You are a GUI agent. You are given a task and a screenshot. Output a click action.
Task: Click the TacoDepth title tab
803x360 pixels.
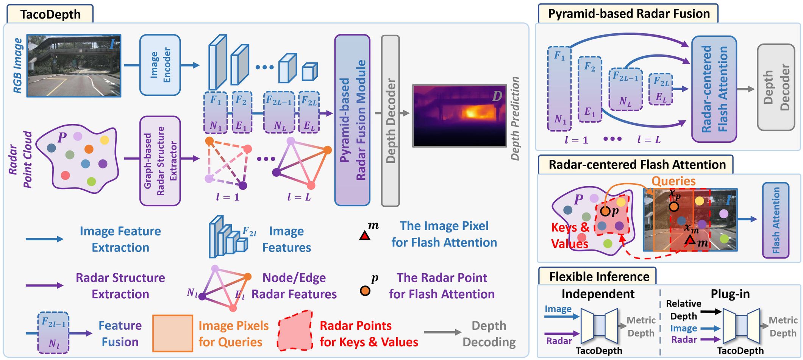tap(50, 14)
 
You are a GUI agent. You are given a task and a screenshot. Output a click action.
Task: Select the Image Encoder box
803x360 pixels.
tap(160, 65)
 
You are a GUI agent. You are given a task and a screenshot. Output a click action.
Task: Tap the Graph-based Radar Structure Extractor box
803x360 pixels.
tap(160, 161)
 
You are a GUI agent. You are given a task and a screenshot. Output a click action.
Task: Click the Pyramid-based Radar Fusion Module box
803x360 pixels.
tap(352, 120)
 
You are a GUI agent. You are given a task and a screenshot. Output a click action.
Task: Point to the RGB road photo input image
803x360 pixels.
tap(74, 66)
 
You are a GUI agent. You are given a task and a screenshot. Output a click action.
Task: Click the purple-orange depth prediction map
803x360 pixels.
tap(459, 115)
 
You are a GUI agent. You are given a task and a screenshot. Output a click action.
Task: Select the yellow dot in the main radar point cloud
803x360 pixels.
tap(105, 140)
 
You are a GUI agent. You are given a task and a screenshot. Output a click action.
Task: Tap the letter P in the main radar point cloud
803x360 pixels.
tap(62, 137)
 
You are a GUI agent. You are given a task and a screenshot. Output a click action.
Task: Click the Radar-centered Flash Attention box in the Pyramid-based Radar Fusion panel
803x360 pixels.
tap(714, 89)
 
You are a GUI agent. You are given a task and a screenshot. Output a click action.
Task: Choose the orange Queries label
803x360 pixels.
tap(673, 181)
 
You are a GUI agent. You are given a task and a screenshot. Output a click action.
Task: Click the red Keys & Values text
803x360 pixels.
tap(570, 235)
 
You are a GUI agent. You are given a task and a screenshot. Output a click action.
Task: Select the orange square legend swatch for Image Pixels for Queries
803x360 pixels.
tap(173, 333)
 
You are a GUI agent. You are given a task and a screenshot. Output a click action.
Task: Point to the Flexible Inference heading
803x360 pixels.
tap(599, 277)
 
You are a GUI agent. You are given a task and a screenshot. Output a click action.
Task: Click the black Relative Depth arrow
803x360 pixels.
tap(711, 312)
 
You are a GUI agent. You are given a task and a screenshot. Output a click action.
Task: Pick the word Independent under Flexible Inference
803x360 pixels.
tap(598, 294)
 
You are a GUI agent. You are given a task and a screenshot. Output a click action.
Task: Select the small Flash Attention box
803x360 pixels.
tap(776, 220)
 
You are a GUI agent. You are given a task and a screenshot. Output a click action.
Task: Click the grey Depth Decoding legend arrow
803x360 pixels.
tap(442, 332)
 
